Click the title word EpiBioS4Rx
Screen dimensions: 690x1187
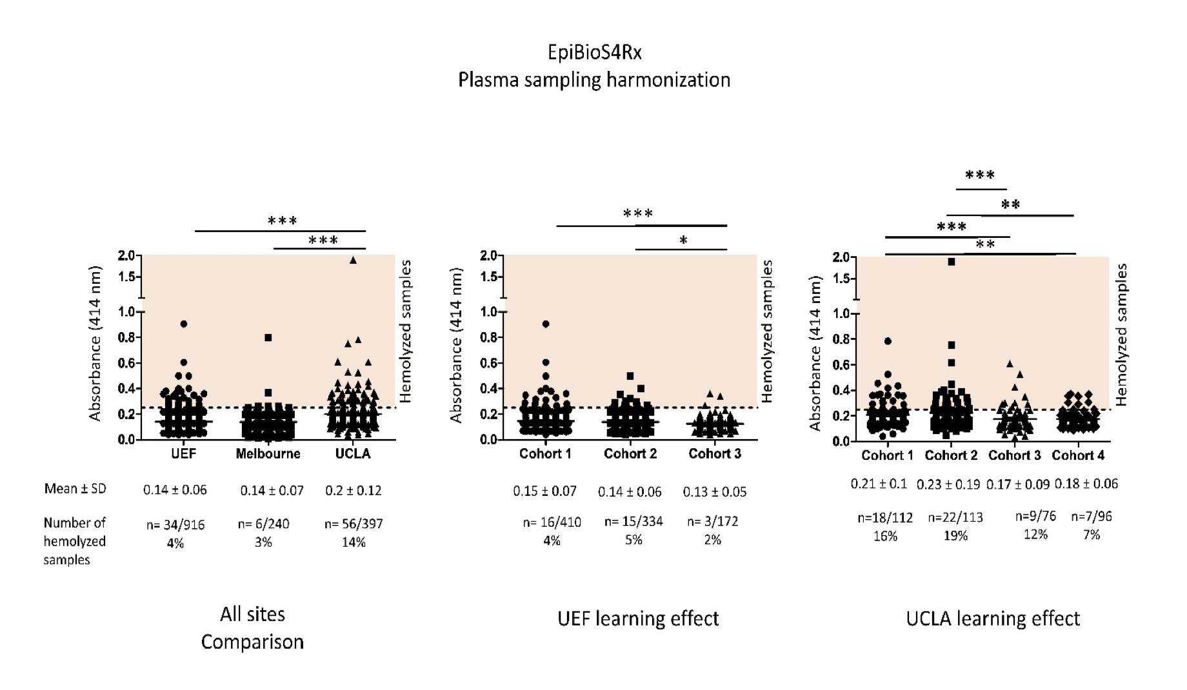pyautogui.click(x=594, y=52)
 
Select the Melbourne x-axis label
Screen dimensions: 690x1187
pyautogui.click(x=268, y=454)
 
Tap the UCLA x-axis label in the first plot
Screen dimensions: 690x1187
pyautogui.click(x=353, y=454)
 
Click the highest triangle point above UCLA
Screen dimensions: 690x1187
pyautogui.click(x=353, y=261)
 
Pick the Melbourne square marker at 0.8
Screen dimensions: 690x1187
pyautogui.click(x=268, y=337)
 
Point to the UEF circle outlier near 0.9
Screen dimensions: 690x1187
pyautogui.click(x=184, y=324)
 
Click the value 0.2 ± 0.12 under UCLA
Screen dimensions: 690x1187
pyautogui.click(x=353, y=491)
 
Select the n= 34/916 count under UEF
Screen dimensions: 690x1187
pyautogui.click(x=175, y=525)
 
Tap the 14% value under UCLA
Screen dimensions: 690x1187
pyautogui.click(x=354, y=542)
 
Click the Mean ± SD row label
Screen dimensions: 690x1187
pyautogui.click(x=75, y=489)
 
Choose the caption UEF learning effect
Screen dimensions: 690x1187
pyautogui.click(x=638, y=618)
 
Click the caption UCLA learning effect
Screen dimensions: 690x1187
pyautogui.click(x=993, y=618)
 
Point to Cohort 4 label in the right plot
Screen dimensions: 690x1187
pyautogui.click(x=1078, y=456)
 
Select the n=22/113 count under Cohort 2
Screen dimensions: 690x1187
pyautogui.click(x=955, y=517)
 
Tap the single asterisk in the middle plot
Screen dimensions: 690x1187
pyautogui.click(x=683, y=241)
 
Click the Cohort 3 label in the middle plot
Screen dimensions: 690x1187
pyautogui.click(x=715, y=454)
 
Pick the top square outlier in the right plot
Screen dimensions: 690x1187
pyautogui.click(x=952, y=262)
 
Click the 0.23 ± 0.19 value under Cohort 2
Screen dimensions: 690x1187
pyautogui.click(x=948, y=484)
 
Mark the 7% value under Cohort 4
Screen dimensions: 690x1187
pyautogui.click(x=1092, y=535)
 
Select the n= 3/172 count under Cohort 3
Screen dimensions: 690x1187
pyautogui.click(x=713, y=522)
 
